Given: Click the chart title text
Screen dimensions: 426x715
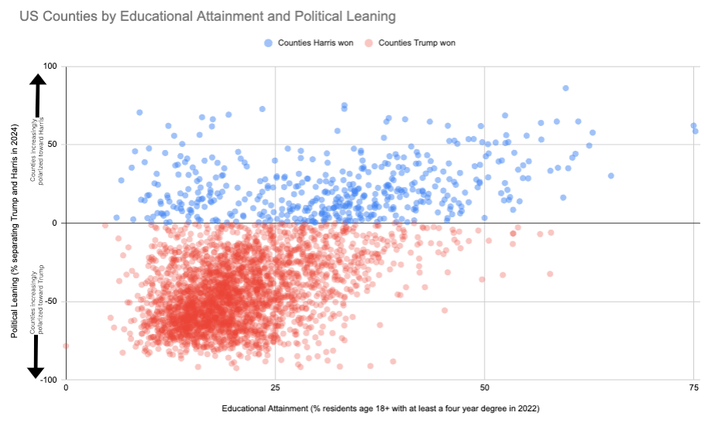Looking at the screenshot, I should pos(196,16).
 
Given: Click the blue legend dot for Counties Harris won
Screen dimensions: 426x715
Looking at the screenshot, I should pos(269,43).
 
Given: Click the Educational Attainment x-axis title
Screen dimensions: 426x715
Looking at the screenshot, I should pos(380,408).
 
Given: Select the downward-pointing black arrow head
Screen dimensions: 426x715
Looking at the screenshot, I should pos(36,370).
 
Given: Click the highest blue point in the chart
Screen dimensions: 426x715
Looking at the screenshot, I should pos(566,88).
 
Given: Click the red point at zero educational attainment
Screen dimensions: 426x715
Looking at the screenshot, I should pos(66,346).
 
